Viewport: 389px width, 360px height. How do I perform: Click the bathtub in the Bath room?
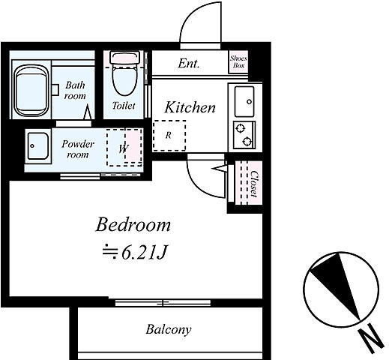[x=31, y=91]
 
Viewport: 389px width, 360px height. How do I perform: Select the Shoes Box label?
[x=238, y=61]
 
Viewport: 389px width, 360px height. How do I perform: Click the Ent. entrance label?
[x=189, y=64]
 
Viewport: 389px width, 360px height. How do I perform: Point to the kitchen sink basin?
[x=244, y=101]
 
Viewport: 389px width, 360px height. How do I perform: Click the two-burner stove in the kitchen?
[x=244, y=135]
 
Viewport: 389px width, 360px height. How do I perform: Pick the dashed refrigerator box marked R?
[x=169, y=136]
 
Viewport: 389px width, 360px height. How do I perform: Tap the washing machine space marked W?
[x=124, y=148]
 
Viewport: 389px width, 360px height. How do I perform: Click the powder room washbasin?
[x=37, y=146]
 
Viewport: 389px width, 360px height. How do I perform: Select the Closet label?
[x=254, y=184]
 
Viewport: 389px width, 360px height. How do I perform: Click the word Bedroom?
[x=133, y=225]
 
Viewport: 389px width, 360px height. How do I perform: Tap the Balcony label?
[x=169, y=329]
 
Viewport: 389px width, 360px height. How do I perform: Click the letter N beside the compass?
[x=370, y=339]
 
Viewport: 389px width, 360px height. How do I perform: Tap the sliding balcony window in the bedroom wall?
[x=163, y=303]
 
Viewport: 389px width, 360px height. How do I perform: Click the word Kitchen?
[x=190, y=107]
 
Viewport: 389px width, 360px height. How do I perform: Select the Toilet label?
[x=124, y=106]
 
